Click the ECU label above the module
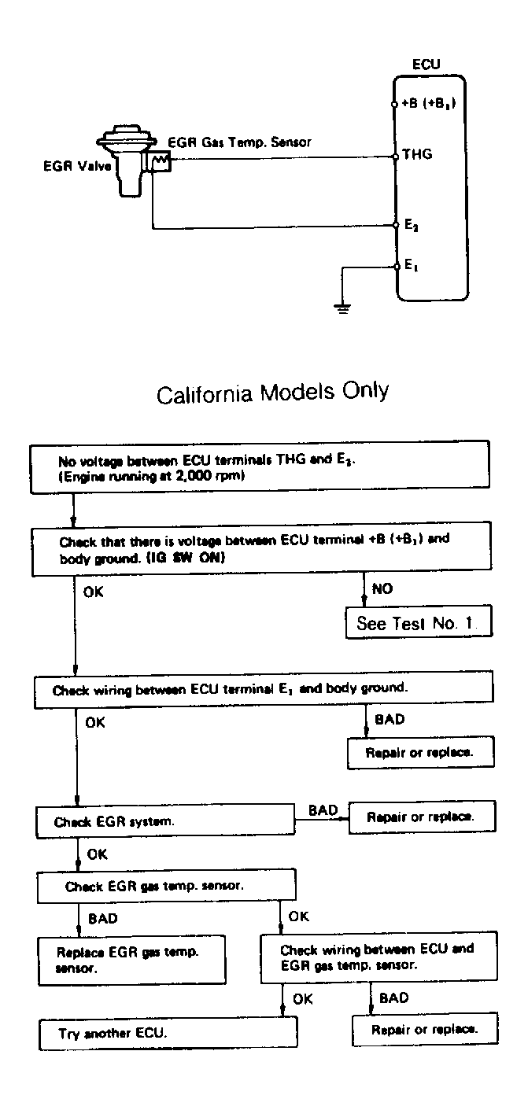[426, 65]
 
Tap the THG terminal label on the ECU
[417, 154]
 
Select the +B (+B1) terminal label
[428, 103]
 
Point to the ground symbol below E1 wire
[342, 308]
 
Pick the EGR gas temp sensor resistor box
[161, 161]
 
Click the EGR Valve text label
[77, 166]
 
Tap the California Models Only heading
[273, 393]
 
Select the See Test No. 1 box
[419, 622]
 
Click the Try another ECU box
[168, 1033]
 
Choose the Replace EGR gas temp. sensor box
[132, 960]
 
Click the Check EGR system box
[165, 821]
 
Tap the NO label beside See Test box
[382, 588]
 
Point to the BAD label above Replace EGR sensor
[102, 919]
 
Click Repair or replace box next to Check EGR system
[422, 817]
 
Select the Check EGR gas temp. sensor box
[166, 886]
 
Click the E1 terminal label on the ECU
[412, 264]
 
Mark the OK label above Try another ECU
[302, 999]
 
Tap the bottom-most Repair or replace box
[425, 1030]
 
